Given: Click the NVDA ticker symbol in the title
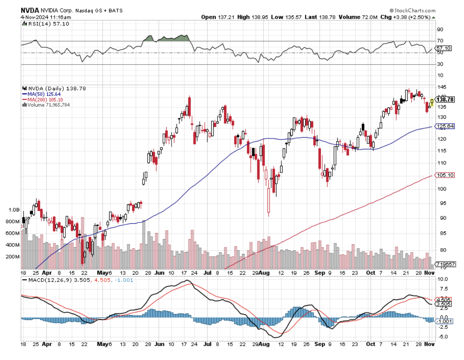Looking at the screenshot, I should tap(30, 11).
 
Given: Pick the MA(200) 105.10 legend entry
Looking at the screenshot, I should tap(42, 99).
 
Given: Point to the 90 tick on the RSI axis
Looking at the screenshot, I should tap(440, 29).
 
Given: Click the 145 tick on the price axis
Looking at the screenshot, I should tap(441, 87).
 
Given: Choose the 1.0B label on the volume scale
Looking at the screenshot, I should tap(14, 210).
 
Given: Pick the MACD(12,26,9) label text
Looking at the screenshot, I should tap(45, 280).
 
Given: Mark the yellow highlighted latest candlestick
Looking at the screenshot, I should tap(432, 102).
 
